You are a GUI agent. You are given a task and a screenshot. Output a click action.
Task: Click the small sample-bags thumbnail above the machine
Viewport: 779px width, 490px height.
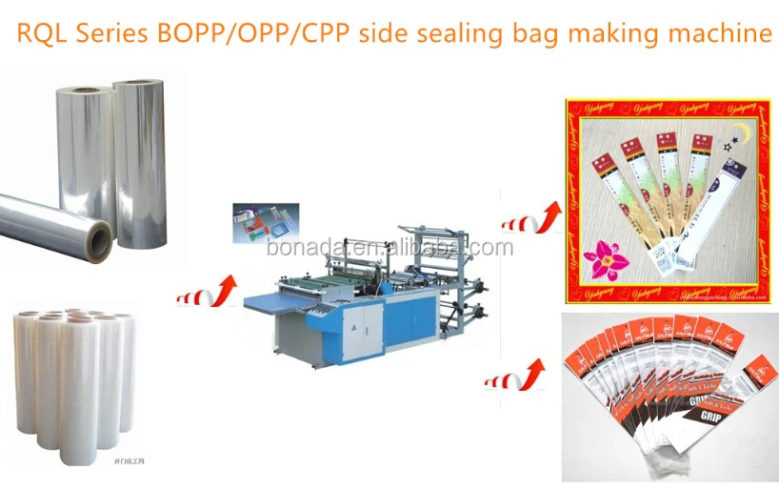pyautogui.click(x=265, y=225)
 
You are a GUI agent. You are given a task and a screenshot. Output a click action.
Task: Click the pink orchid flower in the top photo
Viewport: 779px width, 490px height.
pyautogui.click(x=602, y=257)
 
